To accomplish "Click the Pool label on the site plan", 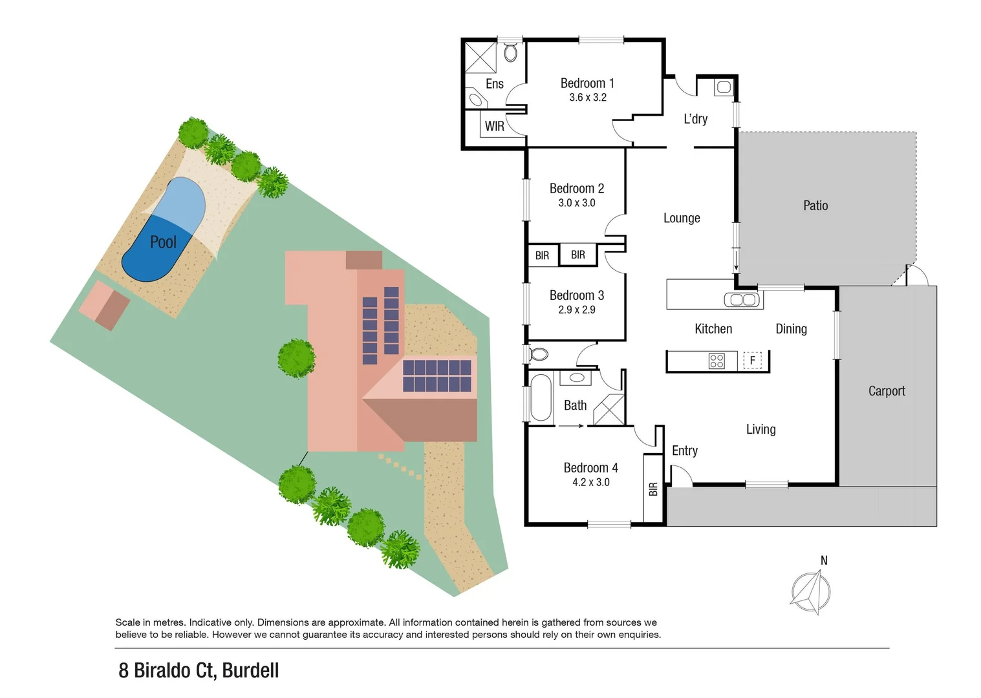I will point(163,242).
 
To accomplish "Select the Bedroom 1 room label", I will point(587,83).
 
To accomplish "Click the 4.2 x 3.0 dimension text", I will point(590,482).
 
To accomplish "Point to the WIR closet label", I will point(495,126).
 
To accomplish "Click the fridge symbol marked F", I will point(752,360).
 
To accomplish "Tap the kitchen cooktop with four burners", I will point(717,361).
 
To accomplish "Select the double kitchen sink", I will point(741,300).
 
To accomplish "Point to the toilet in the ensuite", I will point(510,52).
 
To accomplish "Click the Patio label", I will point(815,206).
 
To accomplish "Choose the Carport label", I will point(886,391).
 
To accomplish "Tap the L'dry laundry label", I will point(695,119).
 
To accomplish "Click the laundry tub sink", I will point(723,87).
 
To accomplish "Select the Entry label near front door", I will point(684,450).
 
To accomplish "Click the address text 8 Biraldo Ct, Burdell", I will point(199,670).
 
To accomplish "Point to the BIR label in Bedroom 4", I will point(653,489).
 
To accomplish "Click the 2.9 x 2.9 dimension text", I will point(576,310).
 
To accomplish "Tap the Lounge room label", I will point(682,218).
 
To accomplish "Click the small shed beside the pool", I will point(104,306).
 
